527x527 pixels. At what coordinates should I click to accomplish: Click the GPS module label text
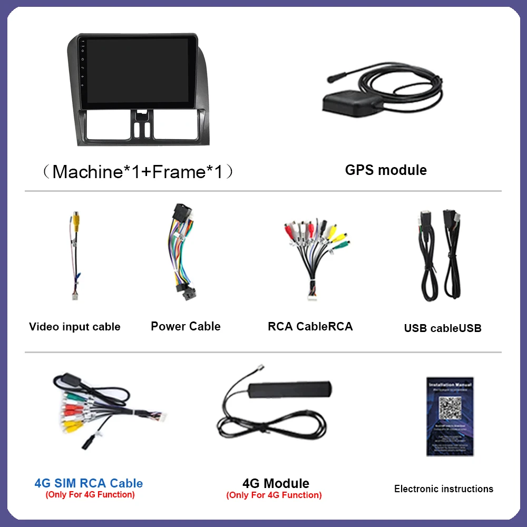pos(386,170)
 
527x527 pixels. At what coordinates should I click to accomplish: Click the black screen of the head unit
pos(137,70)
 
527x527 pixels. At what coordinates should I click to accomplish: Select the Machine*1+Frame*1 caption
pos(138,172)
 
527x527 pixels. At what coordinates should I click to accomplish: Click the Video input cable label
pos(75,327)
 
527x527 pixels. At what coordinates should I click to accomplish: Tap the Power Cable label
pos(186,326)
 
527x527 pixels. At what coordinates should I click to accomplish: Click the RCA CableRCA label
pos(310,326)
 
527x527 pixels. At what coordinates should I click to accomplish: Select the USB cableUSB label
pos(443,328)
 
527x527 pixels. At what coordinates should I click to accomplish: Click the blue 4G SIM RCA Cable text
pos(89,483)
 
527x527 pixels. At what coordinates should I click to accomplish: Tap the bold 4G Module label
pos(276,483)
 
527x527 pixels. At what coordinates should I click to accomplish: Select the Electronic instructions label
pos(444,489)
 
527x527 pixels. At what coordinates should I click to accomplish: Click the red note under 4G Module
pos(274,495)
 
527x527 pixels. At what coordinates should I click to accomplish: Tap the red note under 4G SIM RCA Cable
pos(90,494)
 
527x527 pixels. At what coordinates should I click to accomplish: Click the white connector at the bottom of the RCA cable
pos(311,297)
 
